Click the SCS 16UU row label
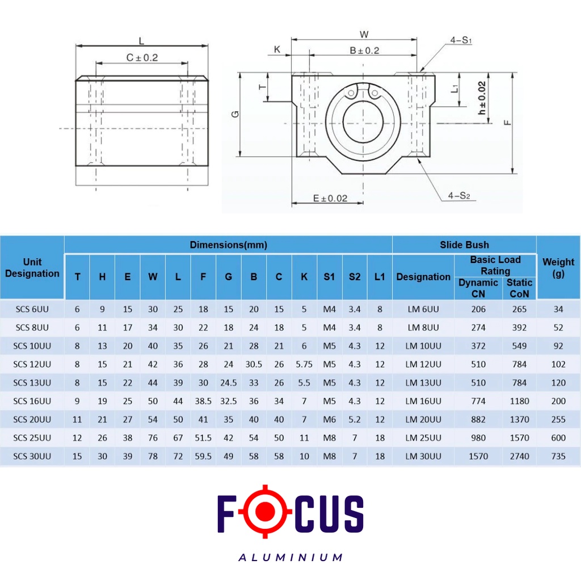(x=32, y=401)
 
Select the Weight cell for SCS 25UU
(x=558, y=437)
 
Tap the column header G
(x=228, y=277)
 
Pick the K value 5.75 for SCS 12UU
(x=304, y=364)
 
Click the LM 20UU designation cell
(x=423, y=419)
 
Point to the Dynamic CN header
(x=478, y=288)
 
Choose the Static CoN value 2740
(x=519, y=456)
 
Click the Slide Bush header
(x=464, y=245)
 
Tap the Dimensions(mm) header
(x=228, y=245)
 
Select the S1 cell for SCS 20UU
(x=329, y=419)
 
